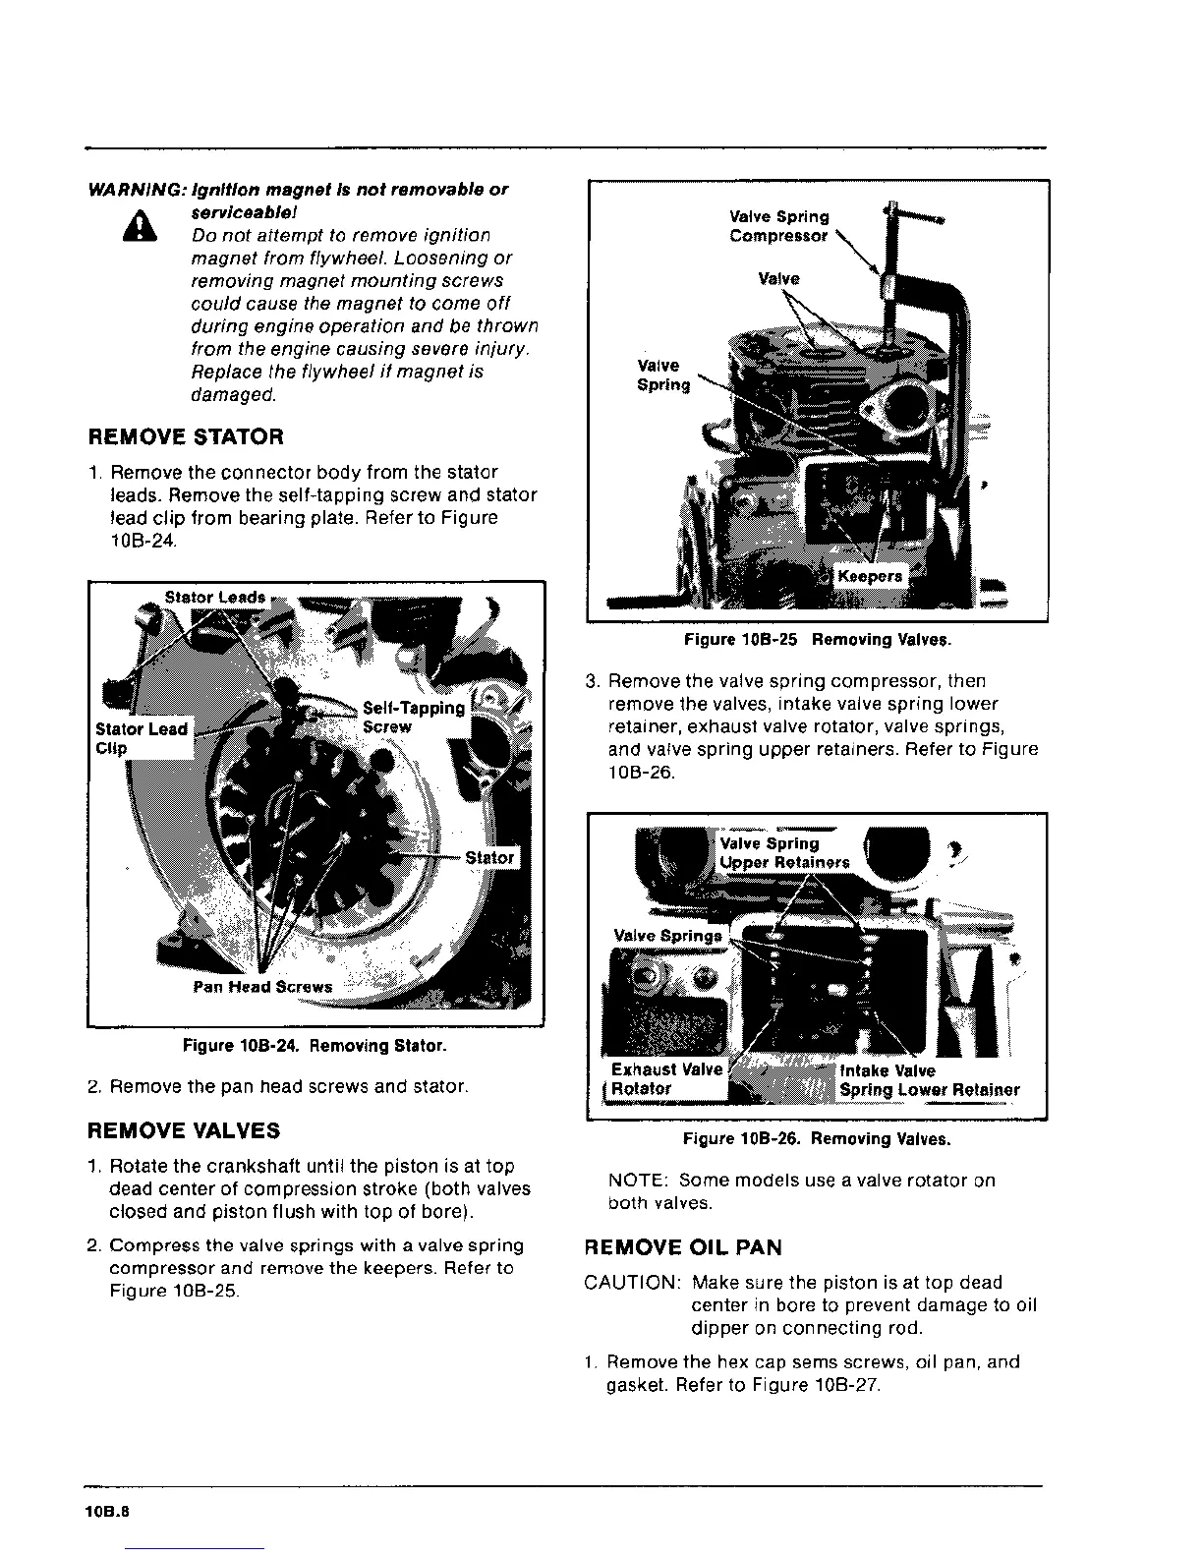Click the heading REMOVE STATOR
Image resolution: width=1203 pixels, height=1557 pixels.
tap(186, 436)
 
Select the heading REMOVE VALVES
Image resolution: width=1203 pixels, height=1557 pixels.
tap(184, 1130)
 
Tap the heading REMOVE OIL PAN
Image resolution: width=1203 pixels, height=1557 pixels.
tap(683, 1247)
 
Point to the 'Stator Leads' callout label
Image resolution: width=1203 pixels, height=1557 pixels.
tap(214, 597)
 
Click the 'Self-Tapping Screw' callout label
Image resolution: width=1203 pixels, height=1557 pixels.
tap(413, 718)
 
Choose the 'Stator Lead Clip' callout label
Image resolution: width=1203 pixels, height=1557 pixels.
tap(141, 738)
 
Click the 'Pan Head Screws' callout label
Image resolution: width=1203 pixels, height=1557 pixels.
tap(262, 987)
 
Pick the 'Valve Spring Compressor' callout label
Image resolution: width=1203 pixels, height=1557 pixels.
tap(778, 226)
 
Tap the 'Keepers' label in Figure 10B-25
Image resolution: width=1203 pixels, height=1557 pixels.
tap(869, 576)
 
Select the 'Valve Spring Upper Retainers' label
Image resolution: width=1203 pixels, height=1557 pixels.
tap(783, 853)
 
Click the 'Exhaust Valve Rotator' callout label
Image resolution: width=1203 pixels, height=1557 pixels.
tap(665, 1079)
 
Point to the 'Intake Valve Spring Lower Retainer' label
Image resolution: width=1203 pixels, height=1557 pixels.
tap(929, 1080)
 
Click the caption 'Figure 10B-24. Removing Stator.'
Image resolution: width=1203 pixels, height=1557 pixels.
tap(315, 1046)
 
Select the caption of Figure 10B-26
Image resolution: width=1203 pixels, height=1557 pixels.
tap(817, 1140)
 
